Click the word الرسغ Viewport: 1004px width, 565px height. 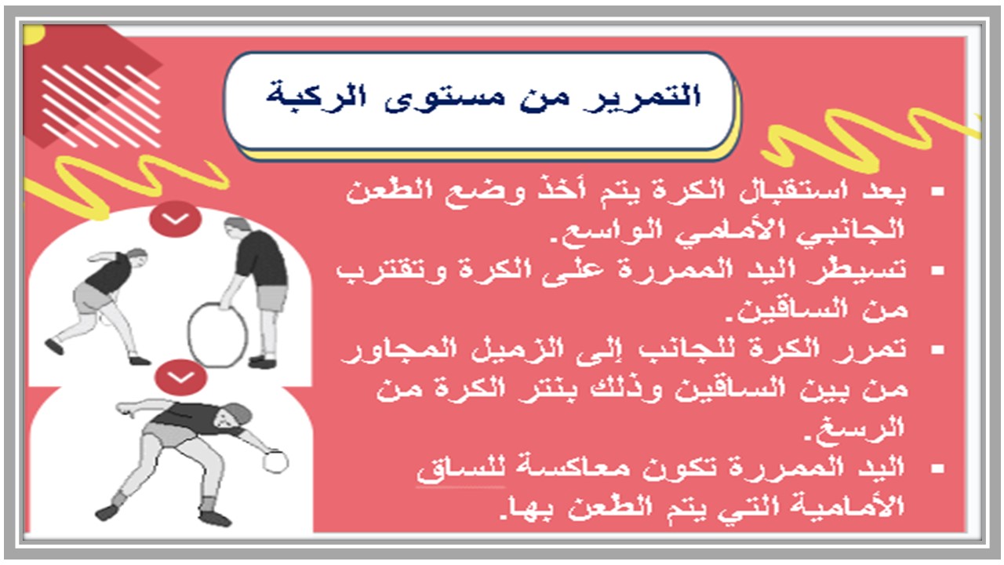870,428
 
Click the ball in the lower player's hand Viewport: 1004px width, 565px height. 275,461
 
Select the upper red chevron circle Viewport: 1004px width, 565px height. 176,220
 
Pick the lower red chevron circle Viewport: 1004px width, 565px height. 181,377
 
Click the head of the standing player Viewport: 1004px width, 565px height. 238,229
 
